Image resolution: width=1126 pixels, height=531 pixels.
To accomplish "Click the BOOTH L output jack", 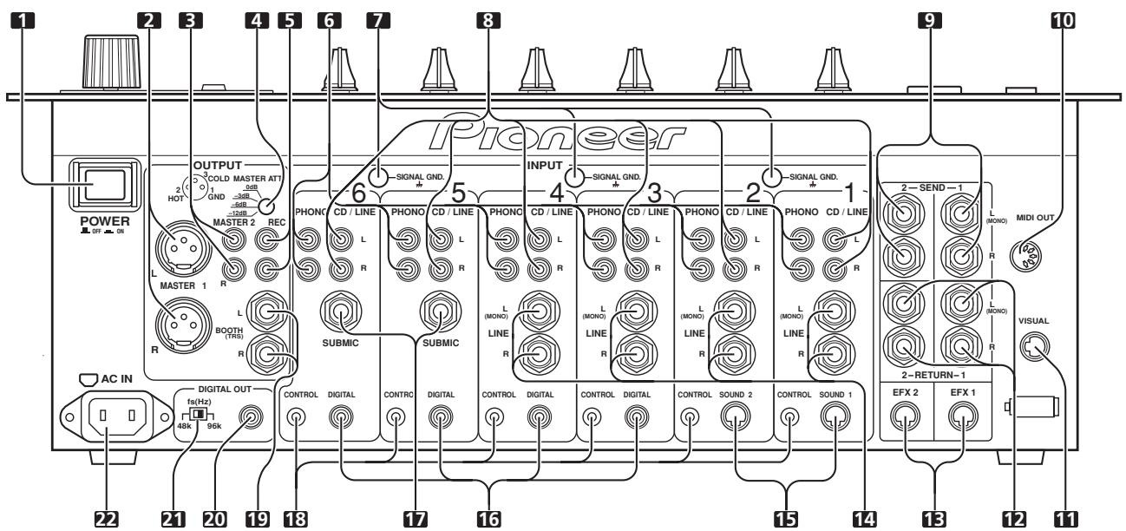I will coord(266,311).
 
